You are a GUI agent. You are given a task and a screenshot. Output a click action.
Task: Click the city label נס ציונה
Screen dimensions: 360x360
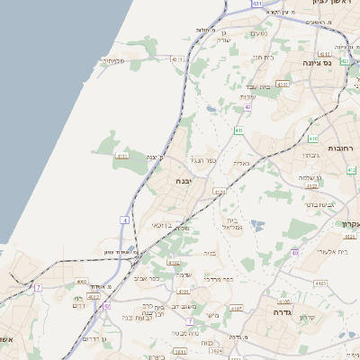coord(338,62)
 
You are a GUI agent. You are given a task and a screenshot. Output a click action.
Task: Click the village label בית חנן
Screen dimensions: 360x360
coord(262,57)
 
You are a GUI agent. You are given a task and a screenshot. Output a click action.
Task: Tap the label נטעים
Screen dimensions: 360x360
coord(257,34)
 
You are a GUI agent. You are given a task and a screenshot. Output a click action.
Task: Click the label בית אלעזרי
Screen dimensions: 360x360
coord(331,252)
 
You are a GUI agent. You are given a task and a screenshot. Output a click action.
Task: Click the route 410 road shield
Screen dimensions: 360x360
coord(313,139)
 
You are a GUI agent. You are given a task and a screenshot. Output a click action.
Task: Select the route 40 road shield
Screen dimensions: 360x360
coord(295,253)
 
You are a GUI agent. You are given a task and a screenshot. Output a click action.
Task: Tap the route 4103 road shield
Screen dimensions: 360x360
coord(283,85)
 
